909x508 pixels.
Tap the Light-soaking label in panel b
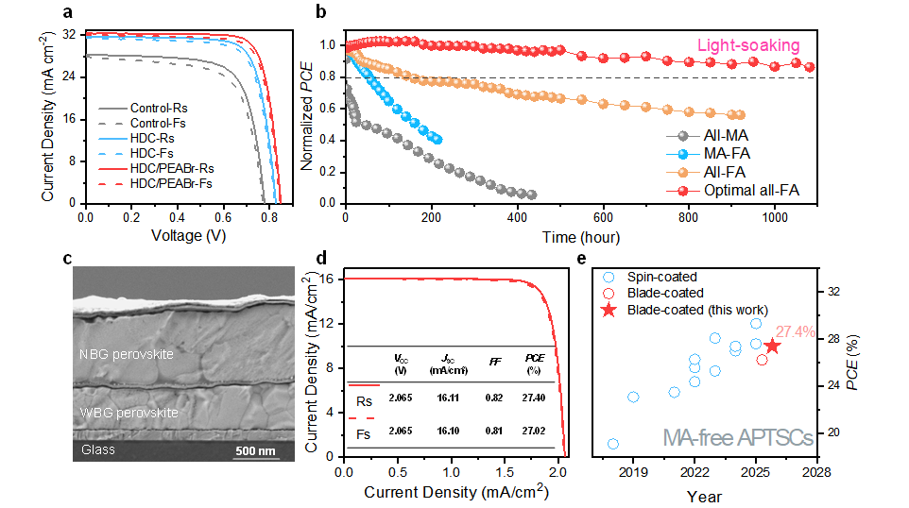click(x=748, y=45)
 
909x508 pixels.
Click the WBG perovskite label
click(x=129, y=413)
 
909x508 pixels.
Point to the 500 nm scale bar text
click(x=255, y=450)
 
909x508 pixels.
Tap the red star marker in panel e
click(x=772, y=347)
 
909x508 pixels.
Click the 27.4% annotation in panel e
click(x=797, y=331)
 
